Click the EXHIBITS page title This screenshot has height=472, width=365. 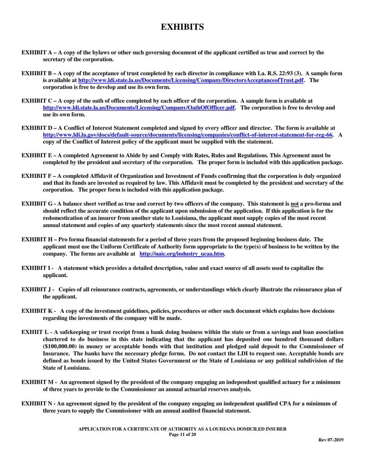click(182, 27)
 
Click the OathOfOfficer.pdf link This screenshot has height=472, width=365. click(139, 108)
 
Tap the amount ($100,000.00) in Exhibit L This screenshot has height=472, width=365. click(61, 347)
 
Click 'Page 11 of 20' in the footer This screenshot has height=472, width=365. click(182, 434)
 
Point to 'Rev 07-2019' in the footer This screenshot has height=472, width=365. click(331, 440)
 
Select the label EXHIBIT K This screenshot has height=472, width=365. click(37, 311)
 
